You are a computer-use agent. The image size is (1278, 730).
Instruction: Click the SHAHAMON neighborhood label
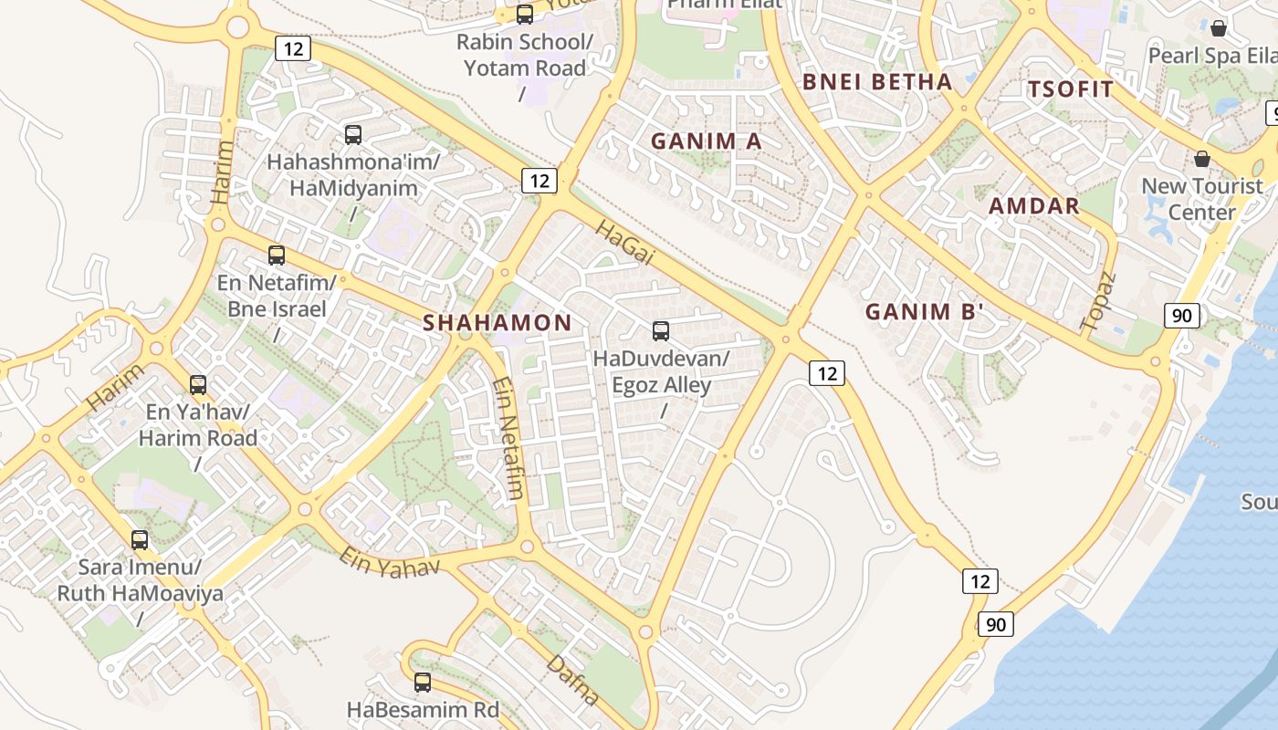pos(498,322)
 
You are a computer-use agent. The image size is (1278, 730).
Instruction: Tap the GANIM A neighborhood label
pos(706,141)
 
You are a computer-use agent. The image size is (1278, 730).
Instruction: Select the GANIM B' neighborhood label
pos(925,312)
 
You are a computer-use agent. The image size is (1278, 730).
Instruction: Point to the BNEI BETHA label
pos(877,82)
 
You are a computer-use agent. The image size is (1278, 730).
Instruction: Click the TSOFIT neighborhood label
pos(1071,89)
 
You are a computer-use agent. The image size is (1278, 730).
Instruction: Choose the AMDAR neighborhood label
pos(1034,206)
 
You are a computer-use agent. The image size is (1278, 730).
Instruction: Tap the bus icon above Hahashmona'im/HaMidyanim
pos(353,135)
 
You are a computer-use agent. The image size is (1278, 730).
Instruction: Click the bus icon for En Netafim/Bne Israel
pos(277,255)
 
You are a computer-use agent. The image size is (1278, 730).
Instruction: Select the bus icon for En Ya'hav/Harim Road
pos(198,385)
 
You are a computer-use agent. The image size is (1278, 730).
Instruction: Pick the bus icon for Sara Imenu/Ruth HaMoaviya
pos(140,540)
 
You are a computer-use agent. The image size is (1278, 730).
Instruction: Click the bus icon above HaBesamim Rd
pos(423,682)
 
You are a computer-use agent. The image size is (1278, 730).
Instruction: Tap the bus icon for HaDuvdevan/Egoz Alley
pos(661,331)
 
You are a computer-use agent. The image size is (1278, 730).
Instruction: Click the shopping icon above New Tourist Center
pos(1202,159)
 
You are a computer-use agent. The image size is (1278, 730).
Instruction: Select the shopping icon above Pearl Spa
pos(1218,28)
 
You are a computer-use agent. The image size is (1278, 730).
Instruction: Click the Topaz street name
pos(1098,301)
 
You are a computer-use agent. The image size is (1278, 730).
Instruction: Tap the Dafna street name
pos(572,680)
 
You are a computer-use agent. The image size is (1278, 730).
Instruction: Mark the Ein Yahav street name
pos(389,561)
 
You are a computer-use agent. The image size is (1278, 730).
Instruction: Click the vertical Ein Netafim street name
pos(508,439)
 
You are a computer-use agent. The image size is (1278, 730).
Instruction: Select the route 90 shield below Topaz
pos(1181,316)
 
